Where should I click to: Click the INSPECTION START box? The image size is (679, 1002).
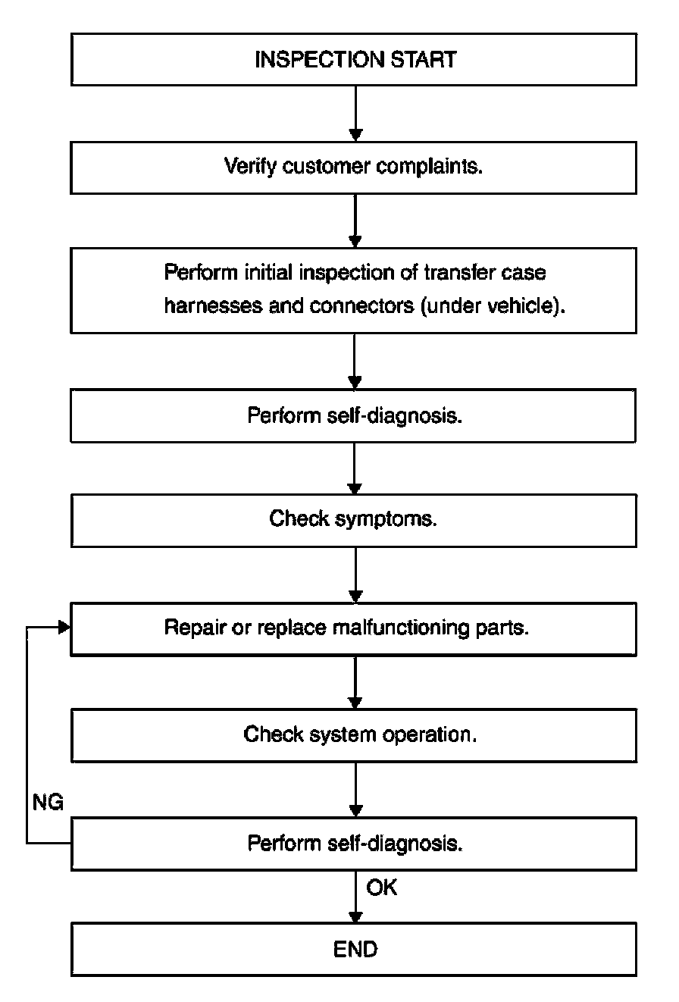point(353,59)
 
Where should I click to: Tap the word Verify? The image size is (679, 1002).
point(250,167)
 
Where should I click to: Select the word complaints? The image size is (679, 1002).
point(430,167)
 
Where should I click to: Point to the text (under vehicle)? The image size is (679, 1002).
point(493,306)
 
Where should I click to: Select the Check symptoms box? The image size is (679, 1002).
point(353,520)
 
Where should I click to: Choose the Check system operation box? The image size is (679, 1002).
point(354,735)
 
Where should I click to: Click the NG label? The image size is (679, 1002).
point(48,802)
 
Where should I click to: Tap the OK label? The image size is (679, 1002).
point(381,887)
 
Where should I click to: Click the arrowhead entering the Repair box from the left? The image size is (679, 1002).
point(64,628)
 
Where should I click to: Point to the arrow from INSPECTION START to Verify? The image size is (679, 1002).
point(355,114)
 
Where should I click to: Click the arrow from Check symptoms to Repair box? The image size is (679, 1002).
point(355,575)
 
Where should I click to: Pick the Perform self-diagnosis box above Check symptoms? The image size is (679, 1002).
point(353,415)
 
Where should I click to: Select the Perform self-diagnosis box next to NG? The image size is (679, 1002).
point(353,844)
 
